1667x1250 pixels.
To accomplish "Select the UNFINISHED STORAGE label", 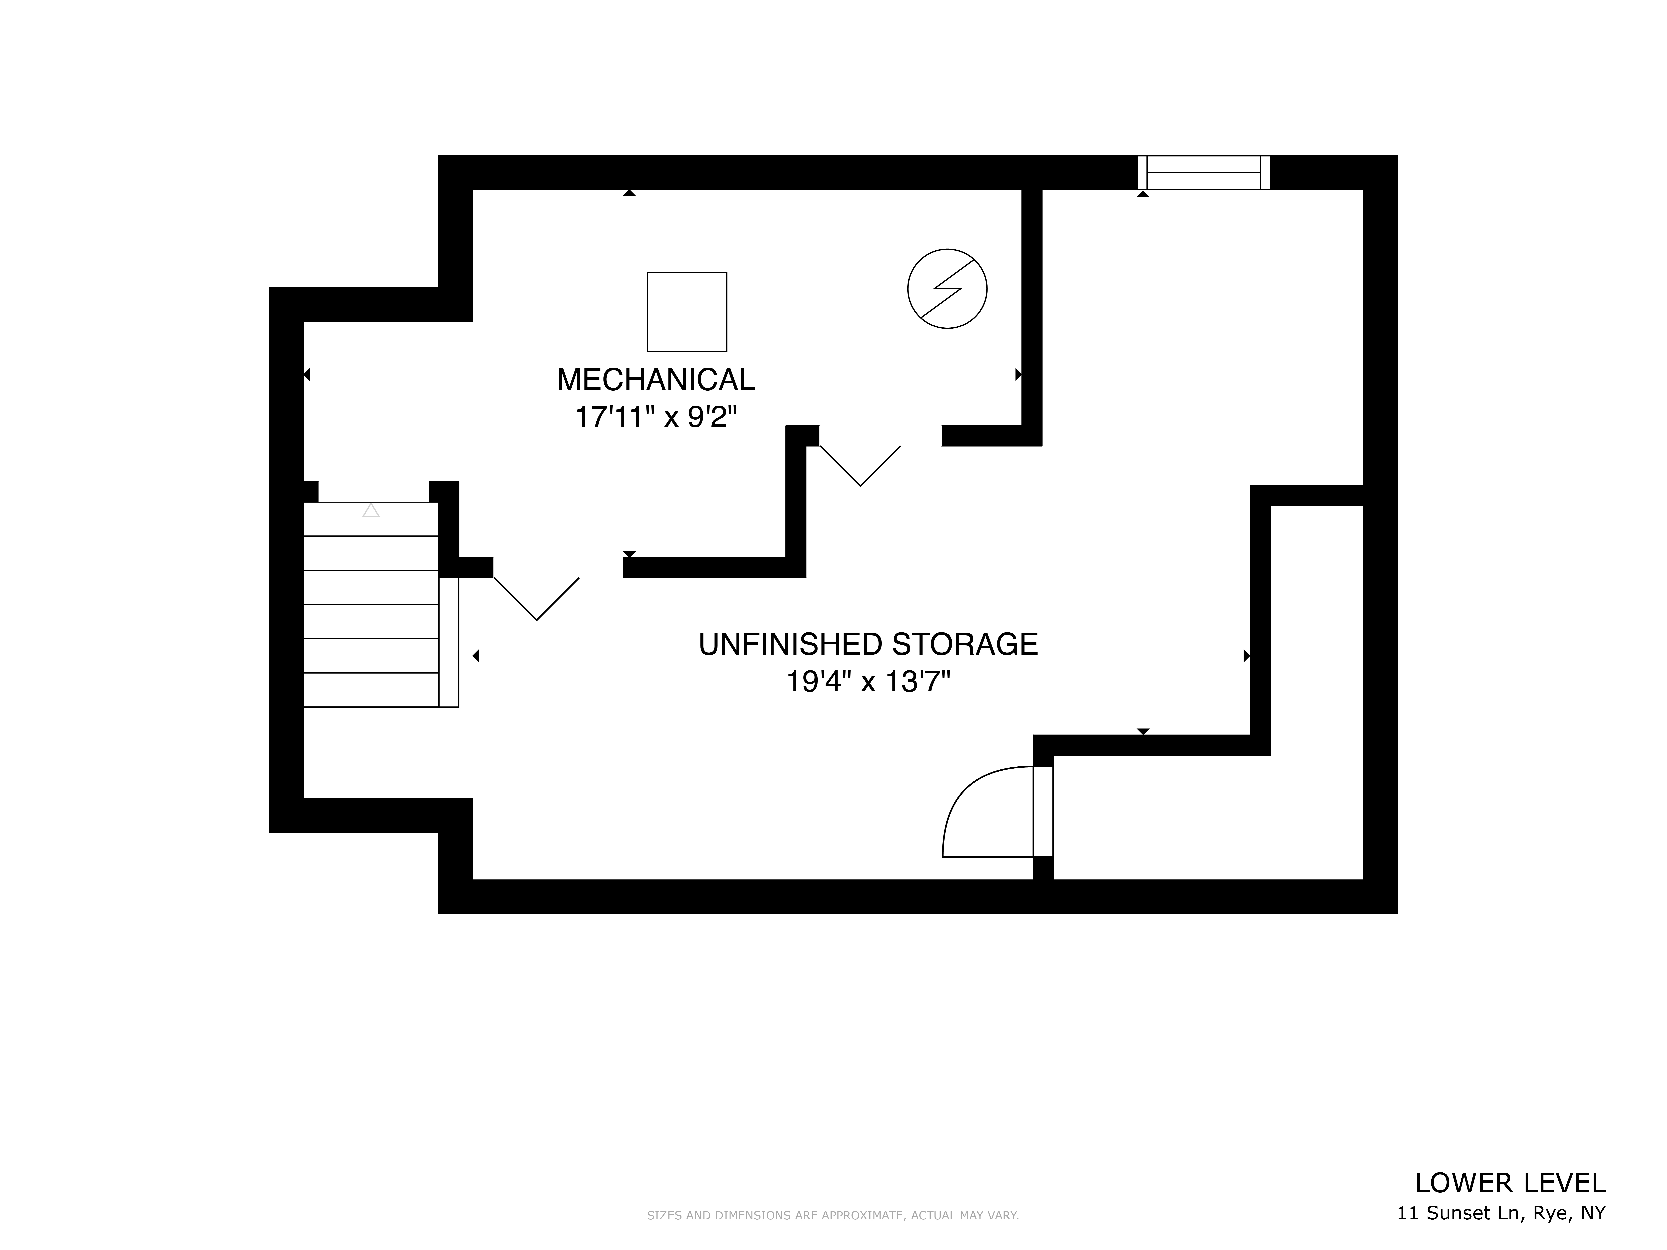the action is coord(868,644).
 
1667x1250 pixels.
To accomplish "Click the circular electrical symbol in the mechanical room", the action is coord(947,289).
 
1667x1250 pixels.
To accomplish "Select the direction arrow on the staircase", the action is coord(371,510).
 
